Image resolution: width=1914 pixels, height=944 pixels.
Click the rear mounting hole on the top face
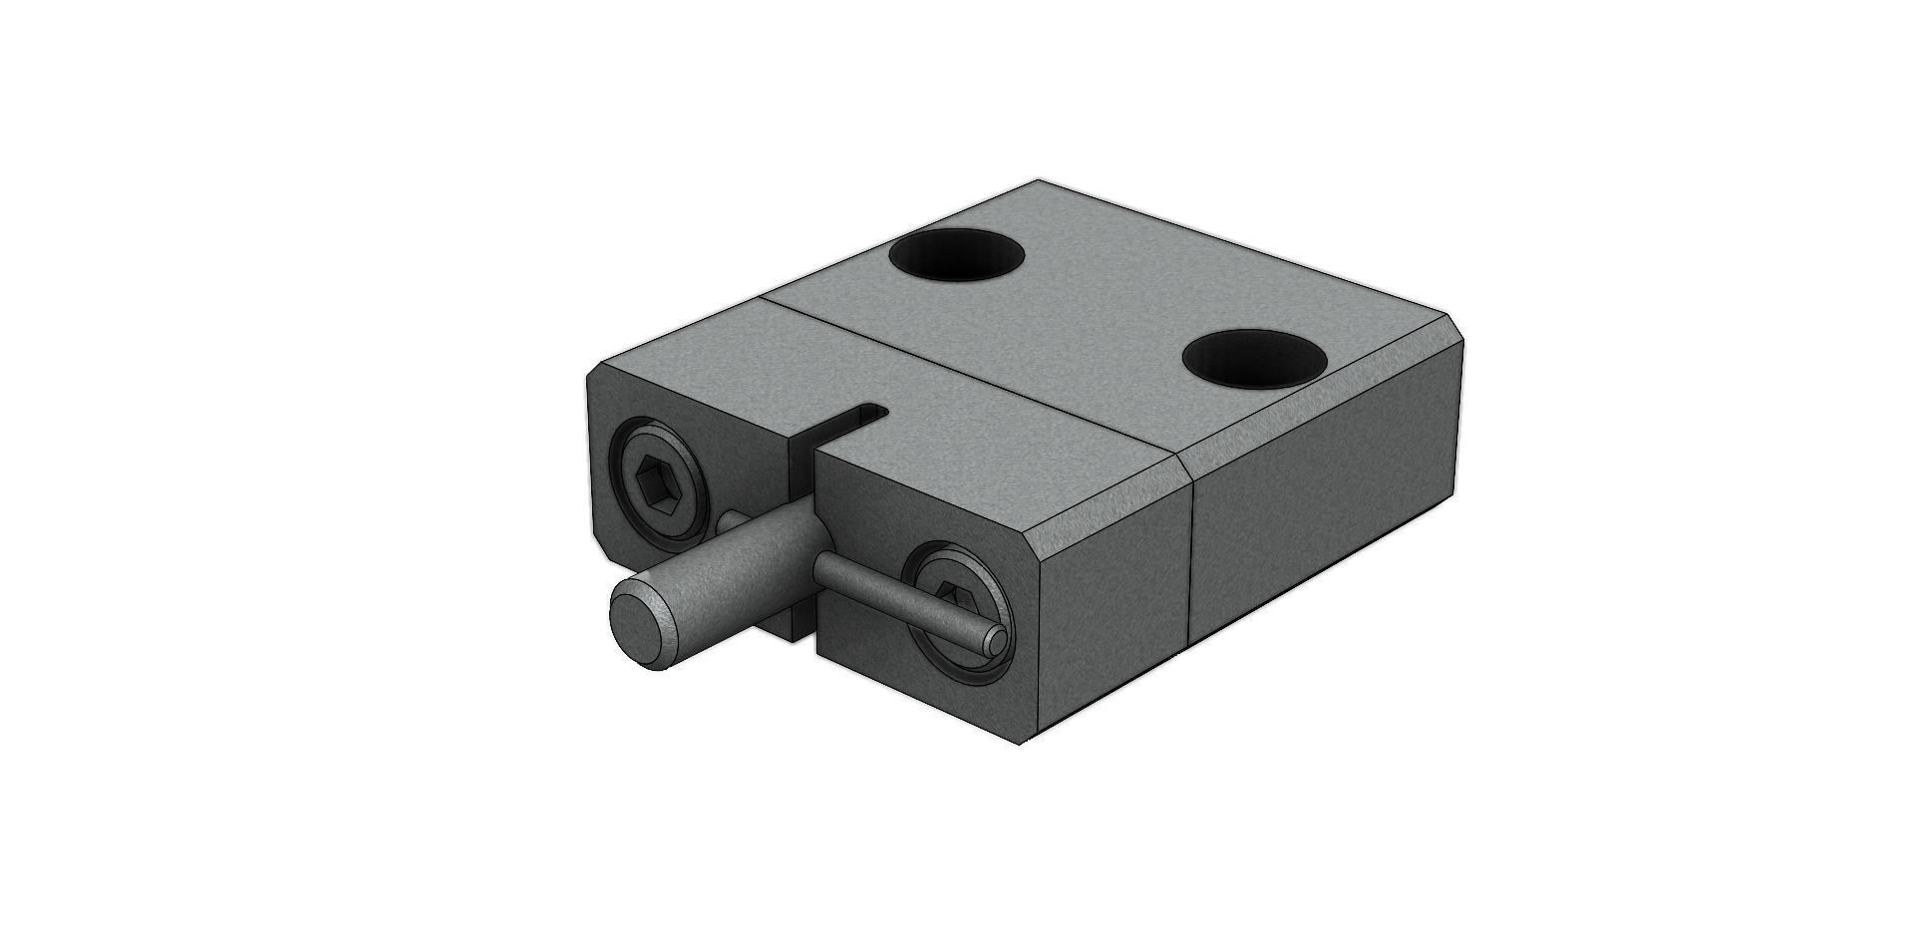pos(957,257)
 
